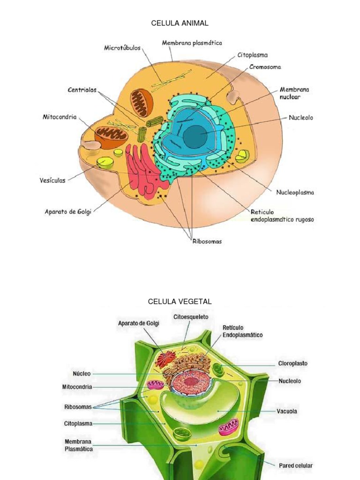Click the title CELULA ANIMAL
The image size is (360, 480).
point(180,23)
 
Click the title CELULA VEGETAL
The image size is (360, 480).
point(180,301)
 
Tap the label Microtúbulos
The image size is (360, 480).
point(122,48)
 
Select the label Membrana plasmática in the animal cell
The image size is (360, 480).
point(192,43)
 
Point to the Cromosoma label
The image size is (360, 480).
point(265,67)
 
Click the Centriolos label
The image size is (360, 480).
point(82,90)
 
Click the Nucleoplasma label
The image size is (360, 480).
point(295,192)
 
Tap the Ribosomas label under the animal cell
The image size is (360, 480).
point(207,241)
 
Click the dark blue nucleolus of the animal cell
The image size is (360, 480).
point(193,136)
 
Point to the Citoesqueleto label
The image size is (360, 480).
point(191,317)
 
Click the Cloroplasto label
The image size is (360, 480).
point(293,363)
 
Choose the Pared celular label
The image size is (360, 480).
point(295,465)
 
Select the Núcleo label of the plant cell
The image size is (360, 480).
point(82,374)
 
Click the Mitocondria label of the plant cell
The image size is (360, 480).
point(77,387)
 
